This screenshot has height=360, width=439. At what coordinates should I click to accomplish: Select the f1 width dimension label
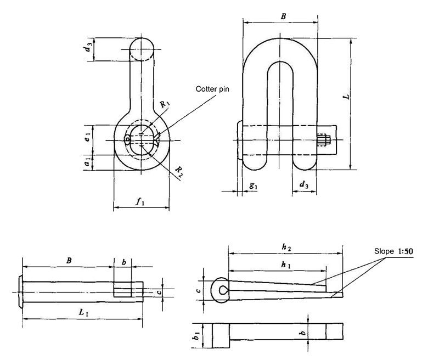coord(140,201)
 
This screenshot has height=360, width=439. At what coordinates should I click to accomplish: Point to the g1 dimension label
coord(253,186)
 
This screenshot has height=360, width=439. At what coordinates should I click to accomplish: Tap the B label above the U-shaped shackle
coord(283,17)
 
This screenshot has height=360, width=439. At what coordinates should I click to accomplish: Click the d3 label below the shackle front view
coord(303,186)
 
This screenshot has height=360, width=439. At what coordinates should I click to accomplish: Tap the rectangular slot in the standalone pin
coord(123,289)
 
